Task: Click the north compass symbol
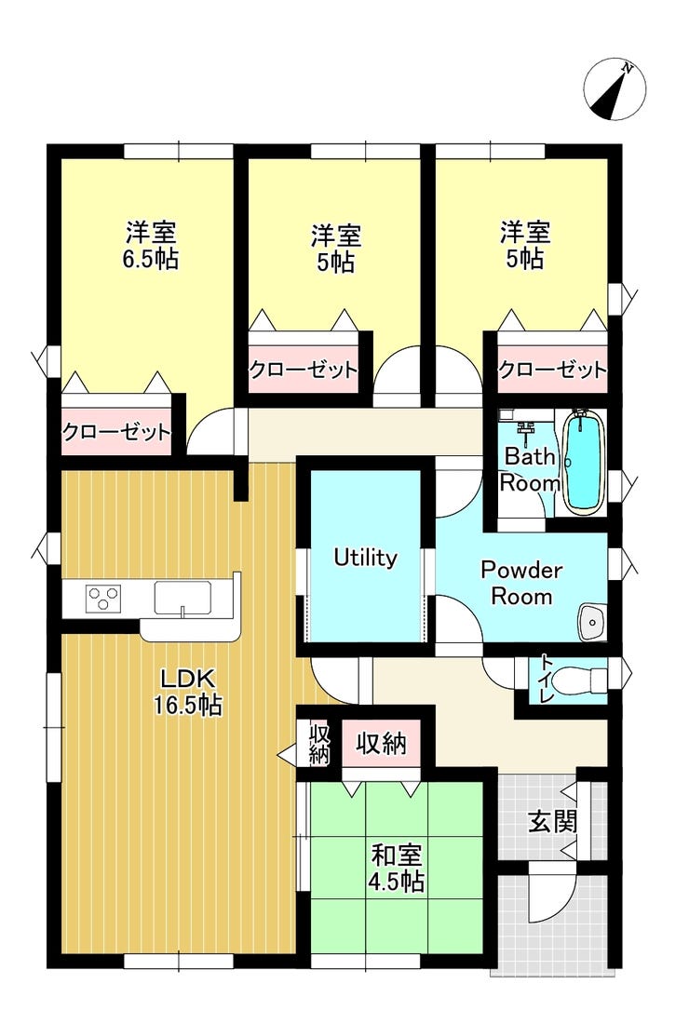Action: tap(615, 90)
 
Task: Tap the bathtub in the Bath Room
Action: tap(584, 461)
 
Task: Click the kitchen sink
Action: tap(183, 599)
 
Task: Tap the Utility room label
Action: tap(365, 558)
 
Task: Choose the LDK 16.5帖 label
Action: tap(188, 692)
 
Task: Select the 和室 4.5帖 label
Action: tap(397, 868)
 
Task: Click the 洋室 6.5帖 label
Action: tap(151, 246)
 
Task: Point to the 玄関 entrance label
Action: tap(553, 822)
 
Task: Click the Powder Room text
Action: tap(521, 583)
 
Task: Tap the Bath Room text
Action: tap(530, 469)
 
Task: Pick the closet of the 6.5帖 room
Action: tap(117, 432)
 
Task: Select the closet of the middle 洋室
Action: tap(304, 370)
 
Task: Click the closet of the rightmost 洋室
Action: tap(552, 370)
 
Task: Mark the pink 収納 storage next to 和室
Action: tap(382, 743)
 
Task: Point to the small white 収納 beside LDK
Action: tap(318, 743)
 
